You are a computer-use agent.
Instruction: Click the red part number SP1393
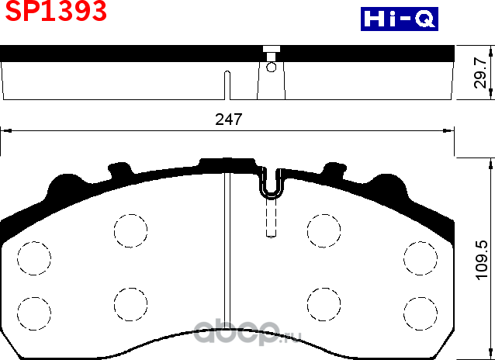pyautogui.click(x=54, y=12)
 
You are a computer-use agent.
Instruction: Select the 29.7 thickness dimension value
pyautogui.click(x=481, y=73)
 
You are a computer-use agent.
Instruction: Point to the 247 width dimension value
pyautogui.click(x=229, y=119)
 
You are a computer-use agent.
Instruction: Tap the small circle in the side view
pyautogui.click(x=271, y=67)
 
